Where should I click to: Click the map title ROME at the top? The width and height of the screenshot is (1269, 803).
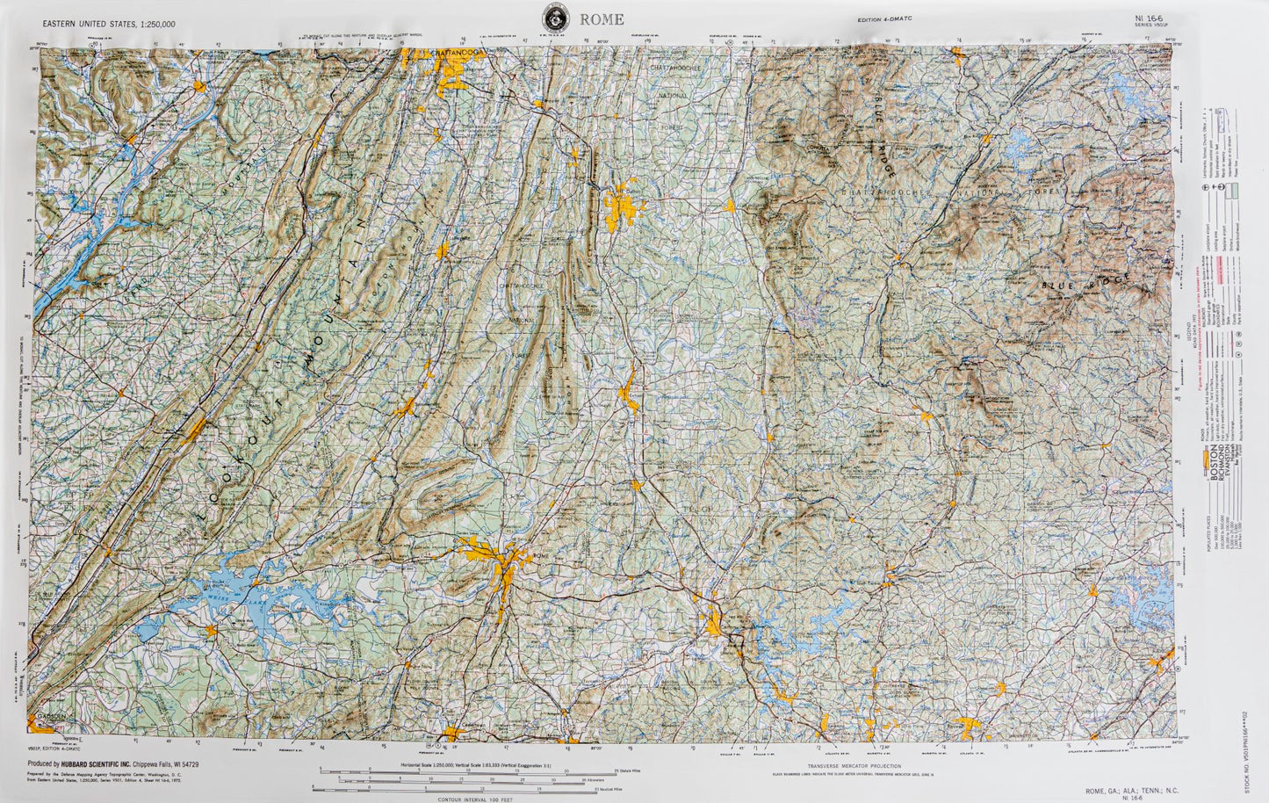point(602,19)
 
